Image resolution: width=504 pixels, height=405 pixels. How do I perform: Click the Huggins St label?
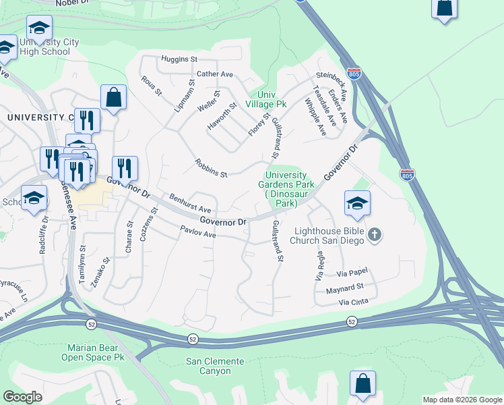[x=179, y=59]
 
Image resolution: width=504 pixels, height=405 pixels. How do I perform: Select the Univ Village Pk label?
[x=267, y=99]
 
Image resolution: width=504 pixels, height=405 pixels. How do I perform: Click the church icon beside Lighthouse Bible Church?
[x=375, y=234]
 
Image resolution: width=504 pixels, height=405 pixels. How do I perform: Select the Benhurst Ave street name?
[x=190, y=205]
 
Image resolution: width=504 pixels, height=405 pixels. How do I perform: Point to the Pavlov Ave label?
[x=197, y=233]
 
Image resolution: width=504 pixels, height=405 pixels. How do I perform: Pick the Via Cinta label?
[x=354, y=302]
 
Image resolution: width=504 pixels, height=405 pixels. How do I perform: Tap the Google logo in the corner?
[x=23, y=397]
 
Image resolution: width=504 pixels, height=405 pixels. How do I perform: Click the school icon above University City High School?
[x=40, y=28]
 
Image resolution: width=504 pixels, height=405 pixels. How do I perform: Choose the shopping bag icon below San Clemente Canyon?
[x=363, y=383]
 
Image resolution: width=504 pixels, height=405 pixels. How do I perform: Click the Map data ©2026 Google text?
[x=462, y=400]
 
